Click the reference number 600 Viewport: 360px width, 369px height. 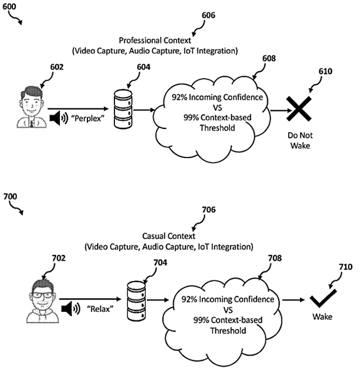click(11, 6)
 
